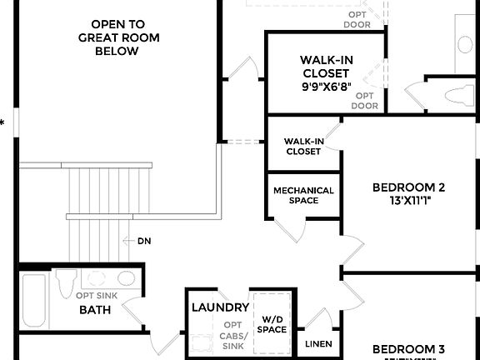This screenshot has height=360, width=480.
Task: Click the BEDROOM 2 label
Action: pos(408,187)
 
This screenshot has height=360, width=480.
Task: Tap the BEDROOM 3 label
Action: pos(408,348)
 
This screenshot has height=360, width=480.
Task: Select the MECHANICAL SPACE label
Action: pos(303,195)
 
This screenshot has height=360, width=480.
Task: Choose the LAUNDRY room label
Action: pos(220,307)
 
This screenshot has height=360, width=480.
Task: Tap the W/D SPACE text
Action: pos(272,323)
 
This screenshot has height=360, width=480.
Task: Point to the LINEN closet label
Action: pos(318,344)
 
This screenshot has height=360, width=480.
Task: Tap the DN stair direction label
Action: pos(144,241)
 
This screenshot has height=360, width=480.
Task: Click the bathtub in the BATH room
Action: pos(34,302)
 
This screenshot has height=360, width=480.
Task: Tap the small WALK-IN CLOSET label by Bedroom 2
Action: pos(303,146)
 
